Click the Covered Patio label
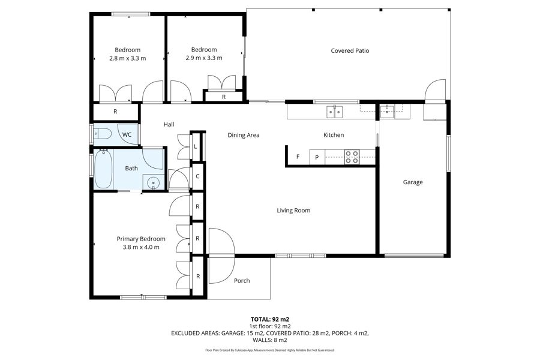pyautogui.click(x=350, y=50)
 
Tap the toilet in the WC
pyautogui.click(x=102, y=134)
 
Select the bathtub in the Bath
pyautogui.click(x=103, y=169)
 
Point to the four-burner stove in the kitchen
pyautogui.click(x=352, y=157)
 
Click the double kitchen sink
pyautogui.click(x=334, y=112)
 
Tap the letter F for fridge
pyautogui.click(x=298, y=157)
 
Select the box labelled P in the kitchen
pyautogui.click(x=317, y=157)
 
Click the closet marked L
pyautogui.click(x=195, y=146)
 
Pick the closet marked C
pyautogui.click(x=197, y=176)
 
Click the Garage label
pyautogui.click(x=413, y=182)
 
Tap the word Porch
pyautogui.click(x=242, y=281)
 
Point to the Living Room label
pyautogui.click(x=293, y=211)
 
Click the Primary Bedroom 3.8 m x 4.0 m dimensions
pyautogui.click(x=141, y=247)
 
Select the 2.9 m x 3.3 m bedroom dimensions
pyautogui.click(x=204, y=58)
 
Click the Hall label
pyautogui.click(x=169, y=124)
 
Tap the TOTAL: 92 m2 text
pyautogui.click(x=269, y=319)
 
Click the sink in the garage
pyautogui.click(x=388, y=111)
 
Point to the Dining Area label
pyautogui.click(x=244, y=135)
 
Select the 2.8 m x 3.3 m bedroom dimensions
pyautogui.click(x=127, y=58)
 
